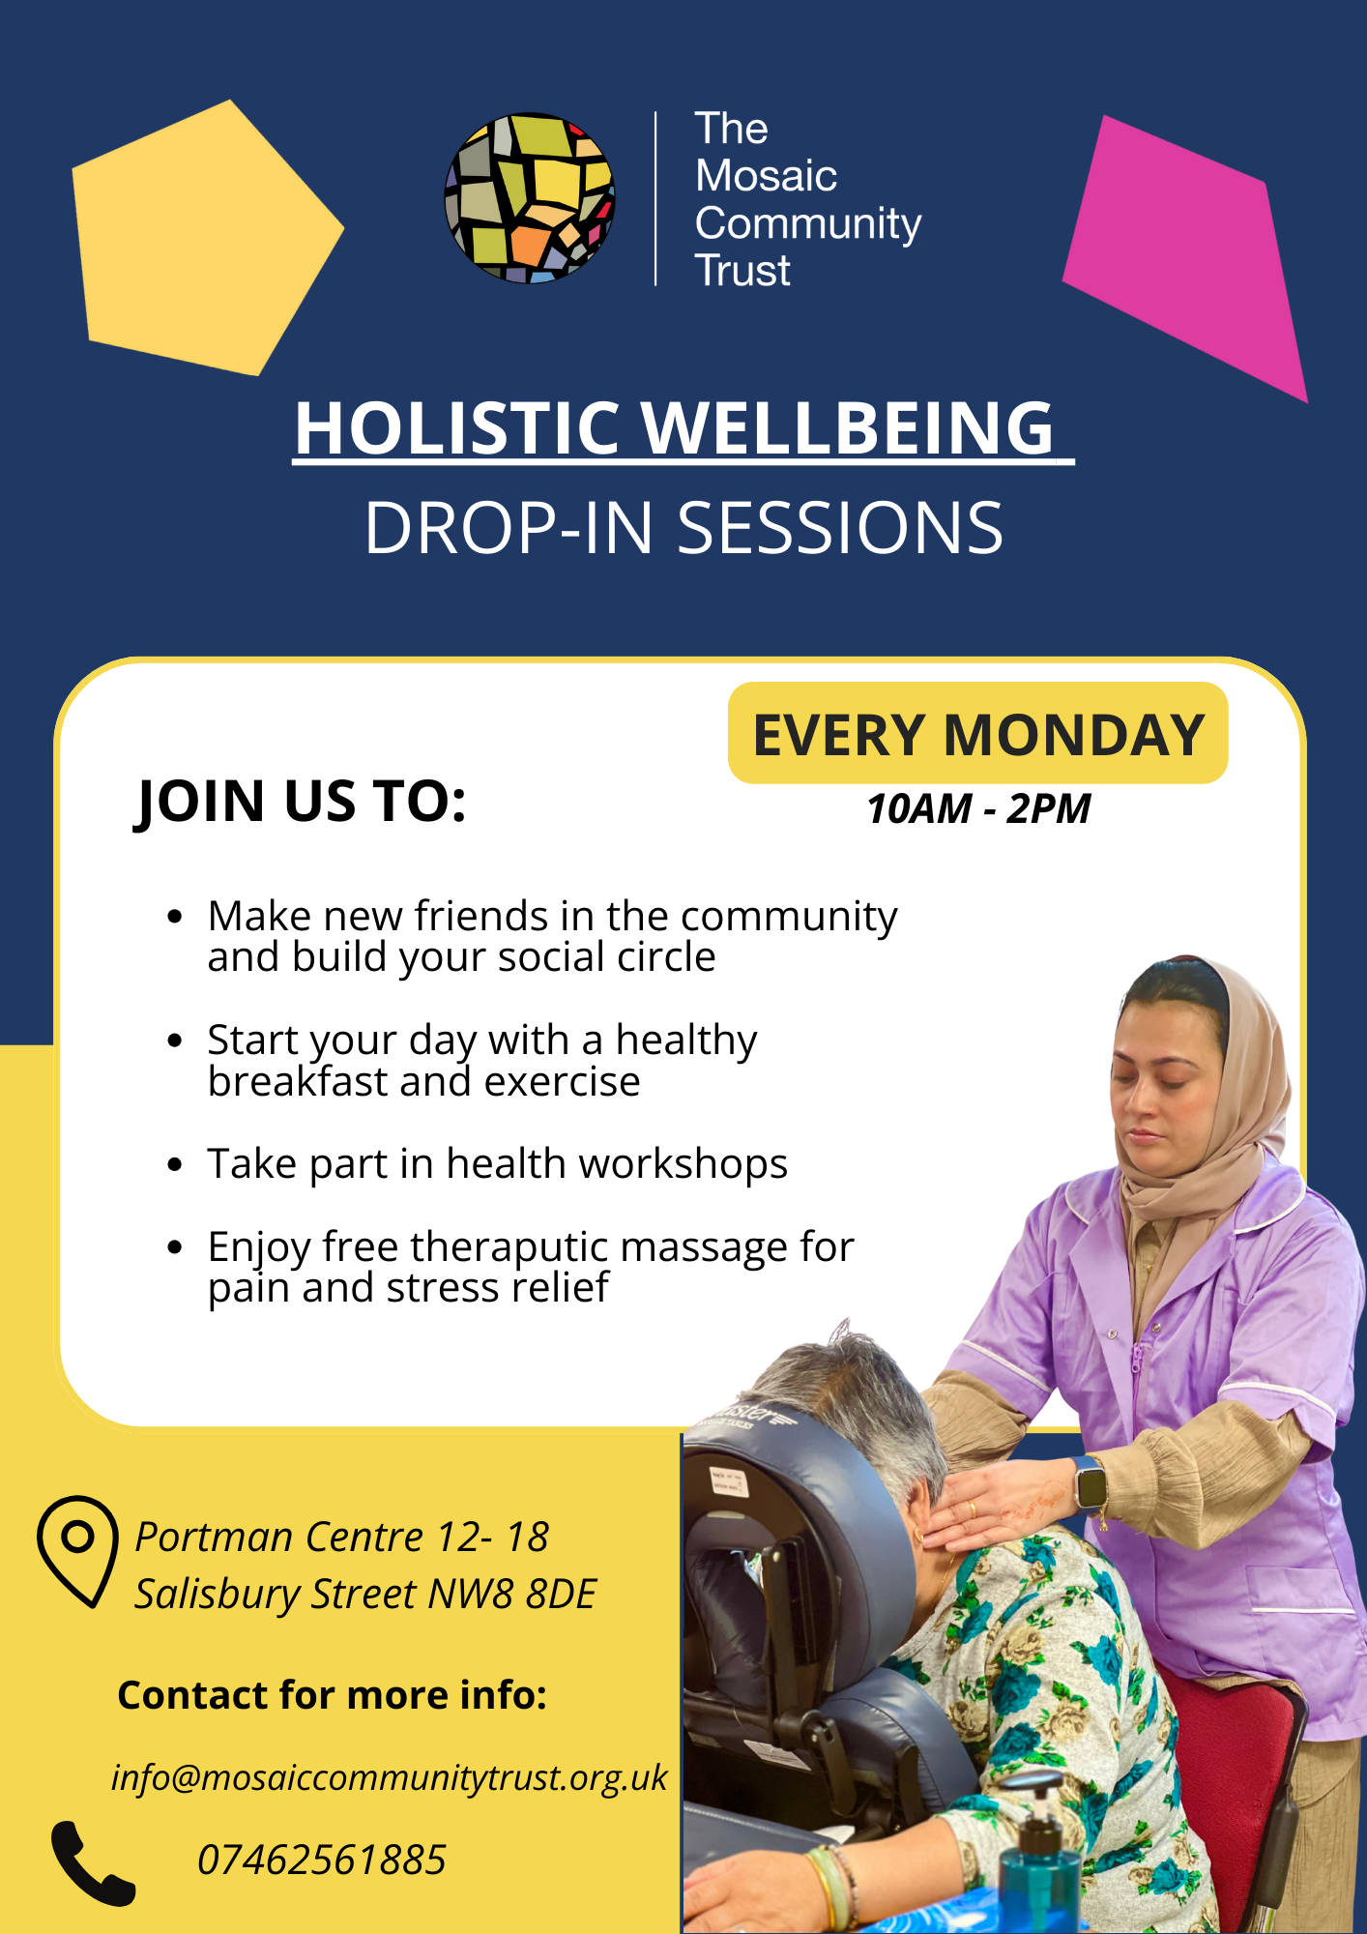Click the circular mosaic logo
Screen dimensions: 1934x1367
(530, 198)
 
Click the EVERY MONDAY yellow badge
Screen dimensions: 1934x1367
(977, 734)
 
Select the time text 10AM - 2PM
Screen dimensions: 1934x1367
(977, 808)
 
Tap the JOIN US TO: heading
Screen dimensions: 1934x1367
(301, 802)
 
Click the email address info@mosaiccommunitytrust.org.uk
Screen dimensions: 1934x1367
(389, 1777)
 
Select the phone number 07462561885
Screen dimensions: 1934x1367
(321, 1860)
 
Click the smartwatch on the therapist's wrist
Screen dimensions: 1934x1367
(1091, 1482)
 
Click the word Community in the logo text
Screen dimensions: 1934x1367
(807, 223)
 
